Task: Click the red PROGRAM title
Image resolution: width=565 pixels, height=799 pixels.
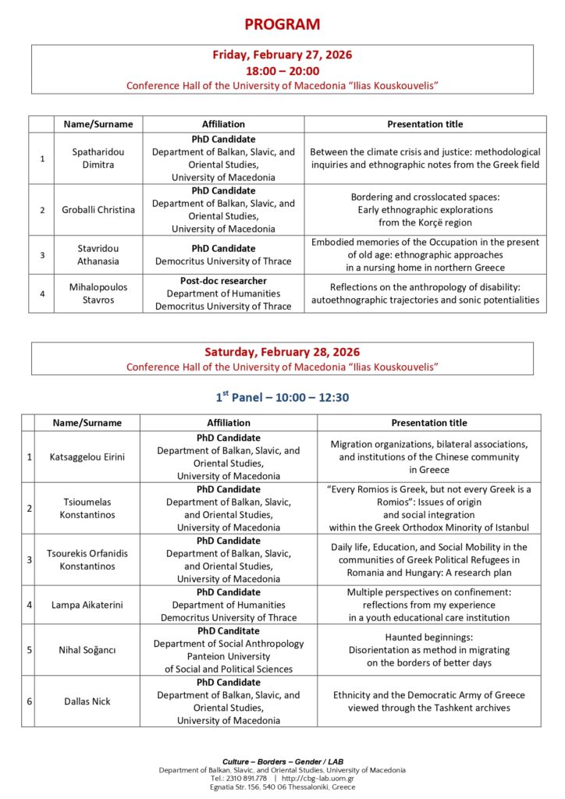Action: click(282, 24)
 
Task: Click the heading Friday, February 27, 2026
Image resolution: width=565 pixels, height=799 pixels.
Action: click(282, 55)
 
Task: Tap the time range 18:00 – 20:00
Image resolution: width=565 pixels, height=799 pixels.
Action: click(282, 70)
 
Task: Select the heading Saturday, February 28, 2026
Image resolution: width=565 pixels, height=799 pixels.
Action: click(282, 352)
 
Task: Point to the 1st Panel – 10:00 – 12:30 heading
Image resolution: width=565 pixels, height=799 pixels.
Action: click(282, 397)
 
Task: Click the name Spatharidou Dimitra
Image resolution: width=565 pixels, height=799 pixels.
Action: click(98, 158)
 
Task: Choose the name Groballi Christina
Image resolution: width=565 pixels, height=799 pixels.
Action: click(98, 209)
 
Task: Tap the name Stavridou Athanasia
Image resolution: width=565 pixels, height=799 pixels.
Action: click(98, 254)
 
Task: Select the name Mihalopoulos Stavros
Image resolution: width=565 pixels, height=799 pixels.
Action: click(98, 293)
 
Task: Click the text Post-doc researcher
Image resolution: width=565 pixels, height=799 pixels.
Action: click(223, 280)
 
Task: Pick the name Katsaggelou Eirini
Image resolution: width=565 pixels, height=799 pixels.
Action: click(87, 456)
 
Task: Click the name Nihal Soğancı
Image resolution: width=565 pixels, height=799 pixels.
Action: click(87, 649)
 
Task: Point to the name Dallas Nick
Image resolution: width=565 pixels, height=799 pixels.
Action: click(87, 701)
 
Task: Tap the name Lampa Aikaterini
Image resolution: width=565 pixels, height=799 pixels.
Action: click(87, 604)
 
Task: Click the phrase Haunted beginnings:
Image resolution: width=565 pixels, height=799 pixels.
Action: click(428, 637)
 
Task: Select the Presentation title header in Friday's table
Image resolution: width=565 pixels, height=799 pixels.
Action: click(425, 124)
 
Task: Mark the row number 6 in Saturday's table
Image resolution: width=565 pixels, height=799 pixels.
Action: click(29, 701)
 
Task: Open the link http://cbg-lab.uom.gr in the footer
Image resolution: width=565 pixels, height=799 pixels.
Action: click(318, 778)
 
